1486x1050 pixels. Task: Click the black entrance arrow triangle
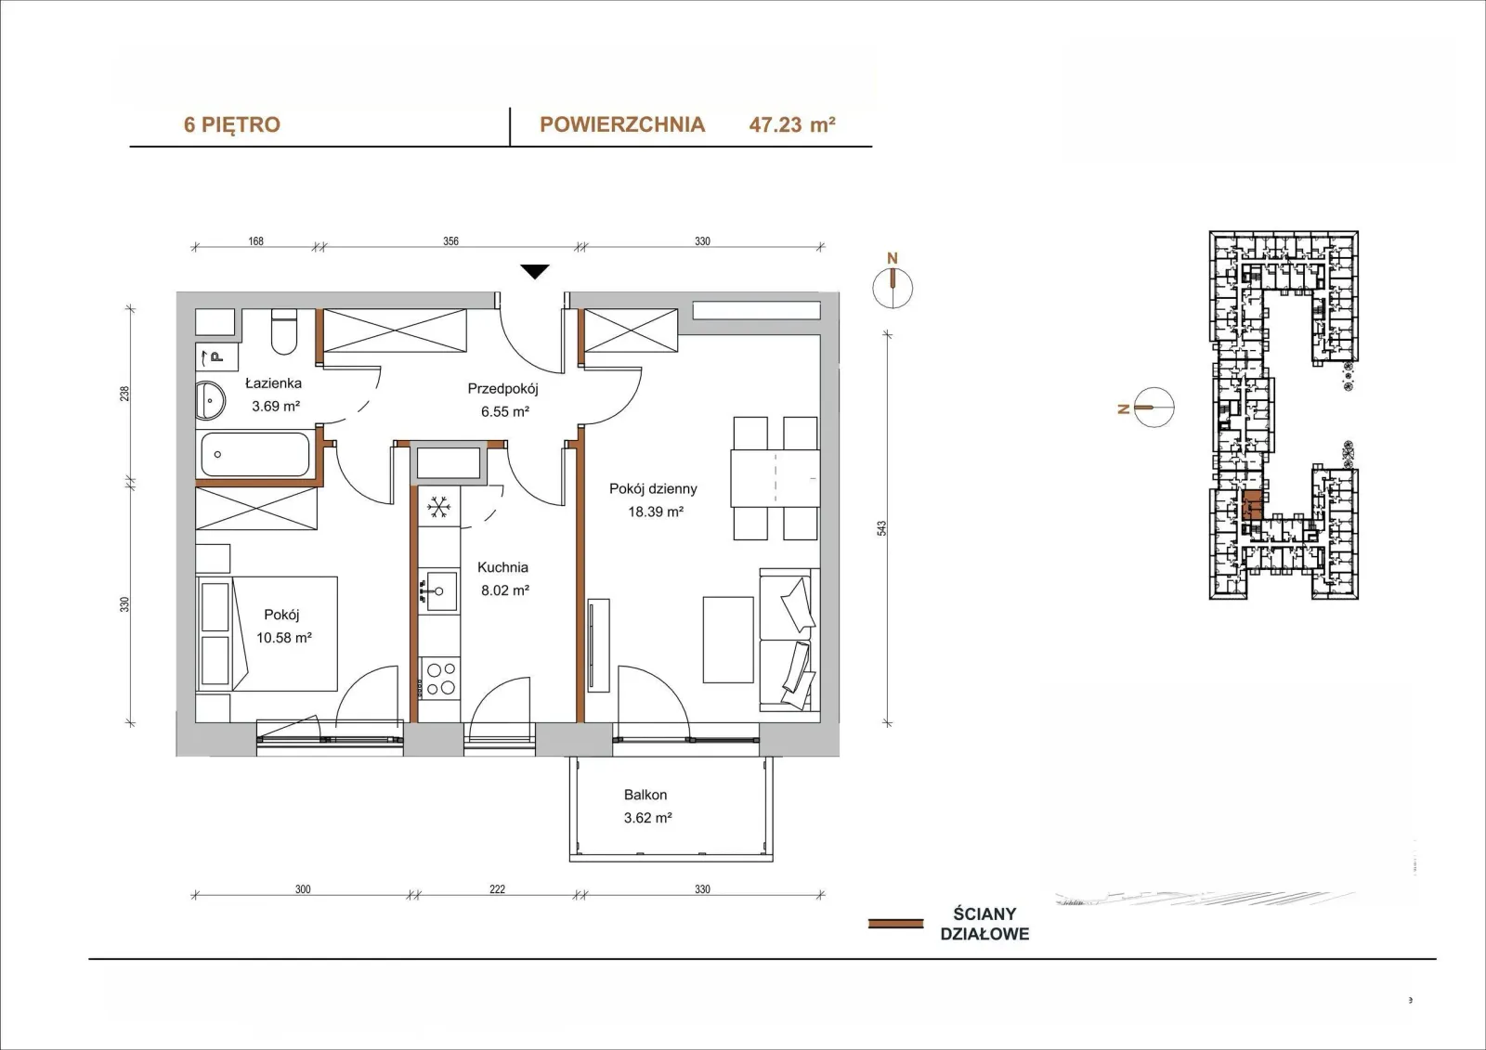pos(535,271)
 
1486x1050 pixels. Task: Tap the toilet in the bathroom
pos(284,331)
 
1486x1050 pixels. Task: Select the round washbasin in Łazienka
pos(210,400)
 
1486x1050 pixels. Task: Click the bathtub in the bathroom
pos(254,454)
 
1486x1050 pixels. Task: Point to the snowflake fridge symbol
pos(438,508)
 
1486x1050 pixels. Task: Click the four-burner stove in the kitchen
pos(440,679)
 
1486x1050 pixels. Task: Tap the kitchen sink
pos(441,590)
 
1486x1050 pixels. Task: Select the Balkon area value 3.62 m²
pos(647,818)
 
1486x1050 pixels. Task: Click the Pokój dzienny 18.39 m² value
pos(656,512)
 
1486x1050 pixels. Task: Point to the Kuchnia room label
pos(502,567)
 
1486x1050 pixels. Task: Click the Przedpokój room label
pos(502,389)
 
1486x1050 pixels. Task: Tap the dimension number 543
pos(881,528)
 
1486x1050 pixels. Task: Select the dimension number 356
pos(451,241)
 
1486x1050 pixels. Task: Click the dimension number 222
pos(498,889)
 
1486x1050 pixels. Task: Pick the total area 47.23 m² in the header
pos(792,124)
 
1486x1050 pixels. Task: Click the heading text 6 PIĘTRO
pos(232,124)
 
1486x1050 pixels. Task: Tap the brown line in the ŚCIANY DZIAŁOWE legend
pos(895,924)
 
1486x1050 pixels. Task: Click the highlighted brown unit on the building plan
pos(1252,505)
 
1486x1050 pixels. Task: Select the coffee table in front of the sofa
pos(728,640)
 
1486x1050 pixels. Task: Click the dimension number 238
pos(124,394)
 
